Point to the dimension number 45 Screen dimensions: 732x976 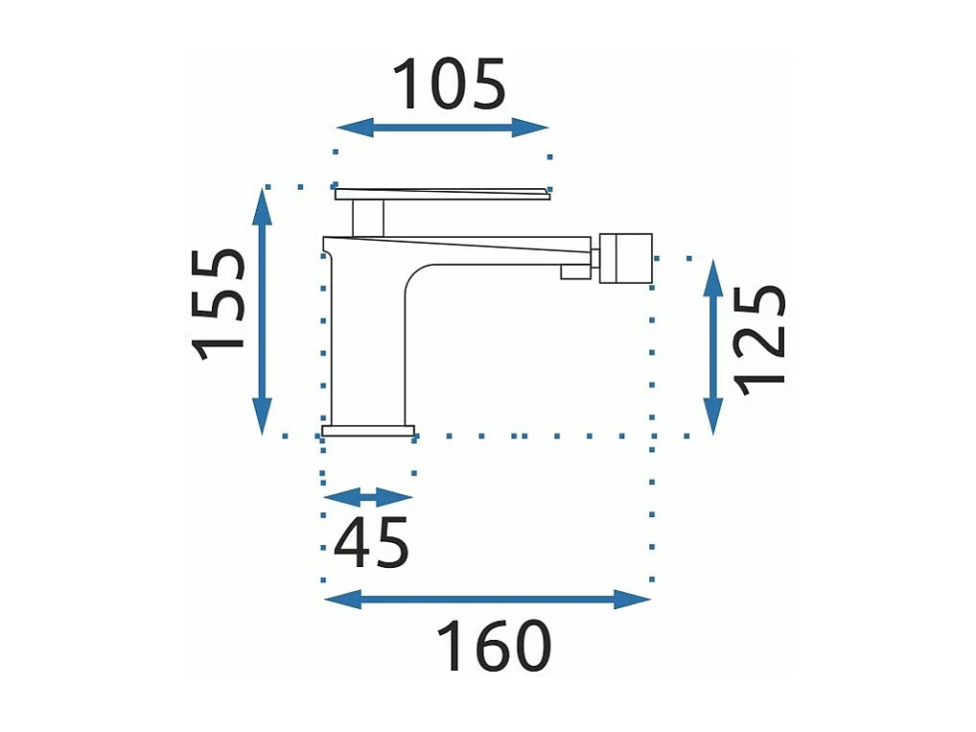click(371, 543)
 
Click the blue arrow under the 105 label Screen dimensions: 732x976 click(442, 128)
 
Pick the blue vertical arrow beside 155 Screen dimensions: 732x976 click(262, 311)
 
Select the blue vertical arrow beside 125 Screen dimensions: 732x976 click(713, 346)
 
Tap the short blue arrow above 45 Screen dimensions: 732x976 click(368, 497)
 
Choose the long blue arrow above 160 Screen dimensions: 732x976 click(487, 601)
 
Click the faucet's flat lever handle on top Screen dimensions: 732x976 click(441, 195)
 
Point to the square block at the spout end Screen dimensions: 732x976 click(625, 257)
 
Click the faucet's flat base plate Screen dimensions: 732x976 click(368, 431)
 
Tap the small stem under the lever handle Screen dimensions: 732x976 click(368, 218)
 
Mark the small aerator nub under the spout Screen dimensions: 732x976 click(573, 273)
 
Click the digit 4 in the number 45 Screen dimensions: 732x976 click(352, 543)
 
